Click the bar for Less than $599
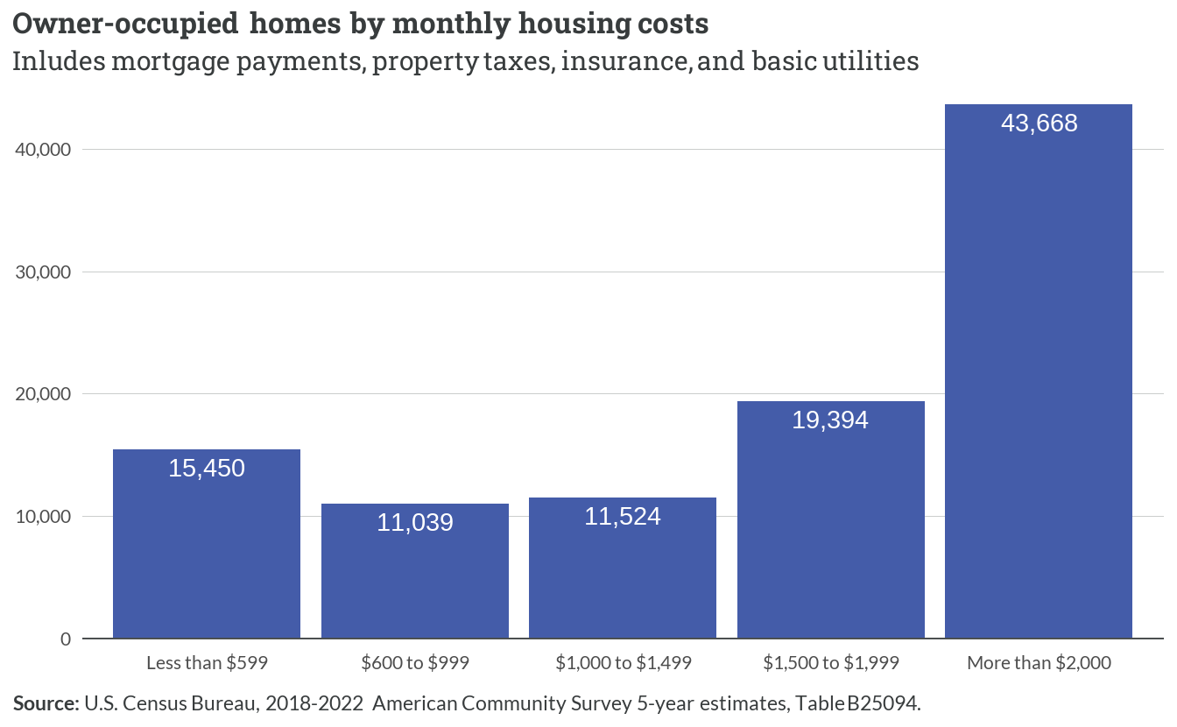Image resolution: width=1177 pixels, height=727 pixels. coord(207,544)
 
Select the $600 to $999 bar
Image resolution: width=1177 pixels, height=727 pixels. coord(415,571)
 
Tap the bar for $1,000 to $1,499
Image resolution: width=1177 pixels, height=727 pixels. coord(623,568)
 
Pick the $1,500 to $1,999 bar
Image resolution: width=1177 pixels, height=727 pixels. coord(831,520)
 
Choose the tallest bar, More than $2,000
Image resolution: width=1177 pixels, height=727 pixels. coord(1039,371)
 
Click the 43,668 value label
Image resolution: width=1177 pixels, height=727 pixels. coord(1039,124)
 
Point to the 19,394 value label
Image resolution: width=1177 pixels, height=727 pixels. coord(830,420)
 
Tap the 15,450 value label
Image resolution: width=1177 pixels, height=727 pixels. coord(207,469)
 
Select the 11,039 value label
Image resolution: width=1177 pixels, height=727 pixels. coord(415,523)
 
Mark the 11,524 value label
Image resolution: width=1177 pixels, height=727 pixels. coord(623,516)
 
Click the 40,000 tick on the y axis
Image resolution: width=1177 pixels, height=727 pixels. coord(43,150)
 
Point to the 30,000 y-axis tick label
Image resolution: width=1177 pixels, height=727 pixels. coord(43,272)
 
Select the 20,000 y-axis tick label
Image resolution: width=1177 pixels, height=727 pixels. coord(43,394)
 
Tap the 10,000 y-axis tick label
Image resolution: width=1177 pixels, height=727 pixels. coord(43,517)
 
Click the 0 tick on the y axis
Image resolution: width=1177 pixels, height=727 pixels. coord(66,639)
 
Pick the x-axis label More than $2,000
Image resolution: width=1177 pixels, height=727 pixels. coord(1039,663)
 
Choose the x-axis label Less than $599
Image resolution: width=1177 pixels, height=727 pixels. coord(207,663)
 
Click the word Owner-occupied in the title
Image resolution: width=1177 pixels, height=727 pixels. coord(125,25)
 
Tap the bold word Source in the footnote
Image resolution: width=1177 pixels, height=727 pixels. coord(46,703)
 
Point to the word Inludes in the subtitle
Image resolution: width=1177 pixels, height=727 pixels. coord(59,61)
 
